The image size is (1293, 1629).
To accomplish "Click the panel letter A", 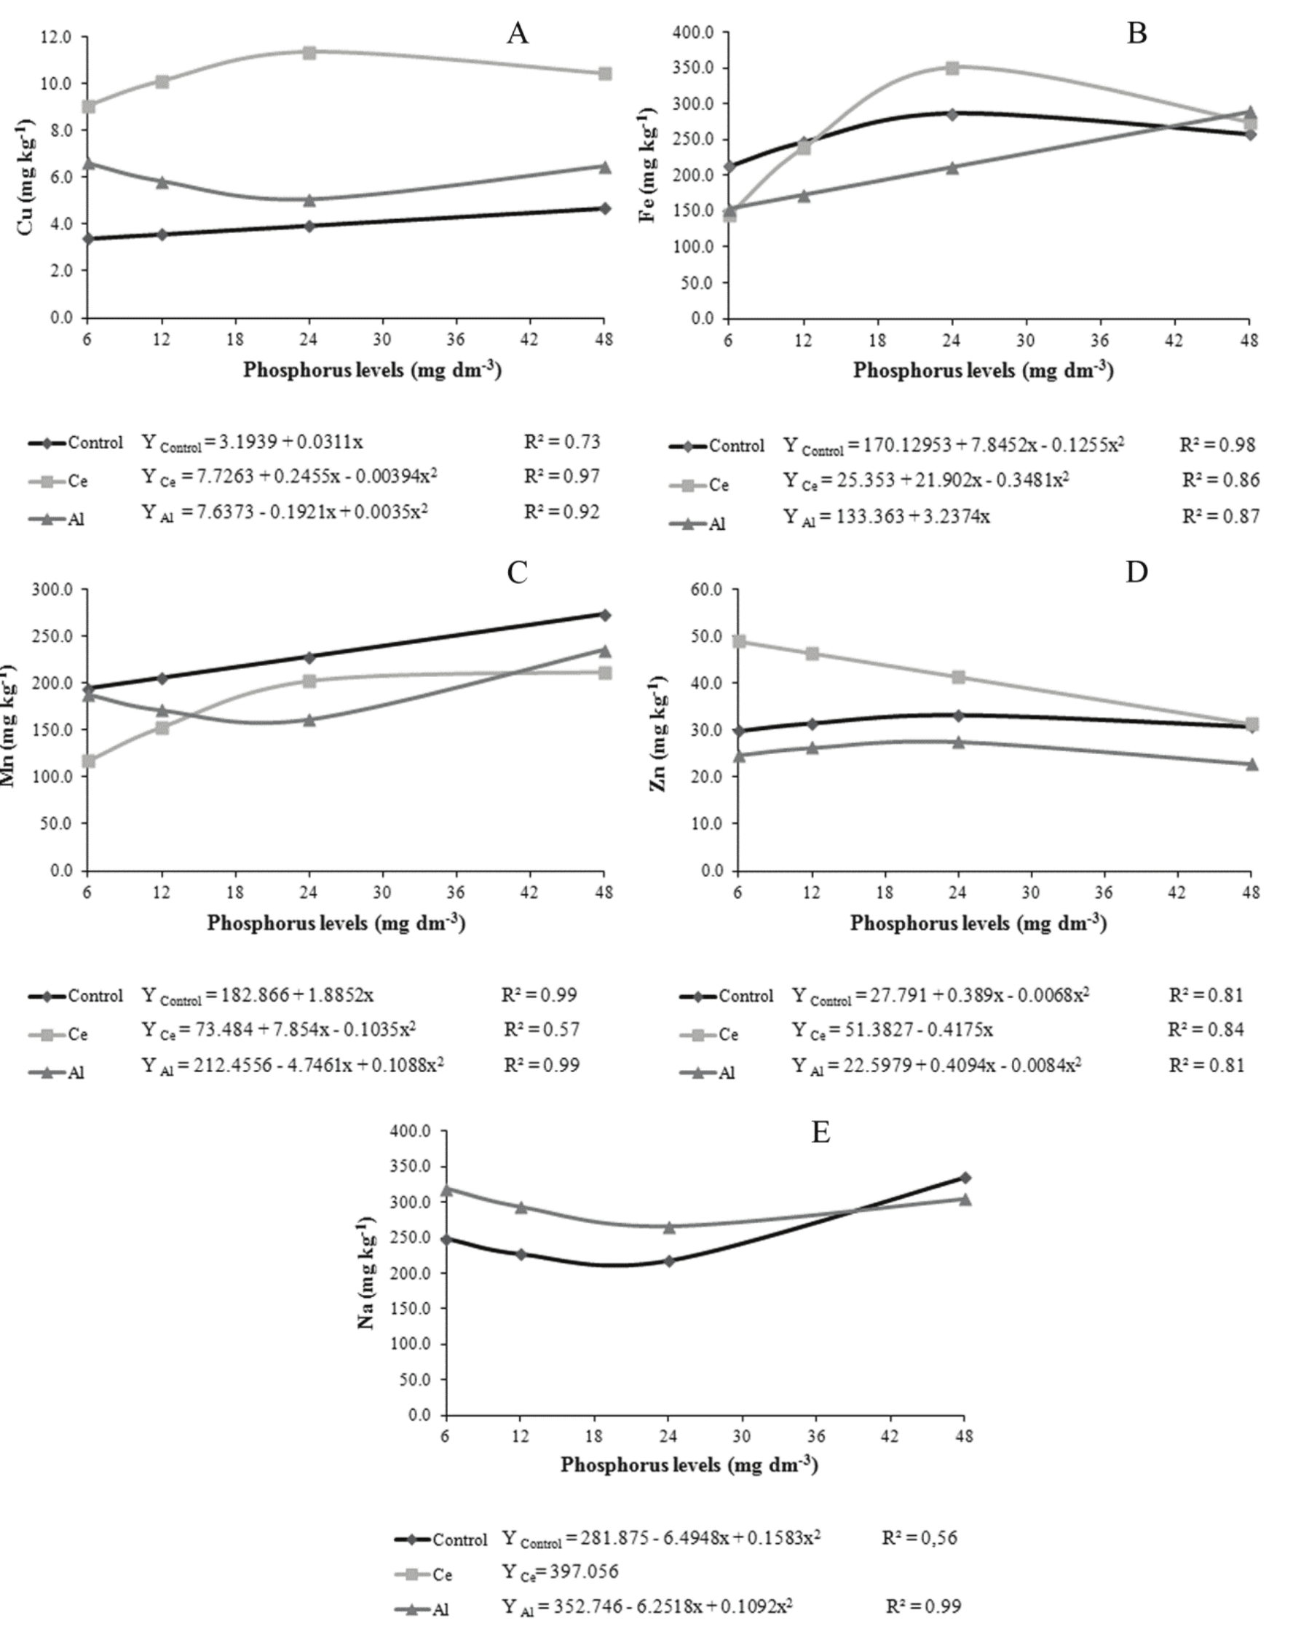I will pyautogui.click(x=517, y=33).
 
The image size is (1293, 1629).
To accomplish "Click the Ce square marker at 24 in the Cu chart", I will pyautogui.click(x=308, y=52).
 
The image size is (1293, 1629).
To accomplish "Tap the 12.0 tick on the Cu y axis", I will pyautogui.click(x=57, y=37).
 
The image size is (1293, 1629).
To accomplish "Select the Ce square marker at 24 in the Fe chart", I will pyautogui.click(x=952, y=68).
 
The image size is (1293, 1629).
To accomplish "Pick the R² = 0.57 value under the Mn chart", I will pyautogui.click(x=542, y=1029).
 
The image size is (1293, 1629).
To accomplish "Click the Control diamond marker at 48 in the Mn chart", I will pyautogui.click(x=604, y=614).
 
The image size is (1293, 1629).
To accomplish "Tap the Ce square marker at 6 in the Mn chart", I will pyautogui.click(x=88, y=761).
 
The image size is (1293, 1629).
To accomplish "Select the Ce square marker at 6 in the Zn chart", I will pyautogui.click(x=740, y=641).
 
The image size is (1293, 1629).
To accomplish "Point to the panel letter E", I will pyautogui.click(x=820, y=1133).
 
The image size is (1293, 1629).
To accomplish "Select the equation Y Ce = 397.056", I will pyautogui.click(x=560, y=1572).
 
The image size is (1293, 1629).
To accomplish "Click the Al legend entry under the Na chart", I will pyautogui.click(x=423, y=1609).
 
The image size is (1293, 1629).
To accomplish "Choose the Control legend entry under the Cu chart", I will pyautogui.click(x=76, y=443).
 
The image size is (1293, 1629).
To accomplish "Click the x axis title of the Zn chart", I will pyautogui.click(x=978, y=922).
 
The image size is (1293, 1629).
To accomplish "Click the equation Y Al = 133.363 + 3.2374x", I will pyautogui.click(x=886, y=517).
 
